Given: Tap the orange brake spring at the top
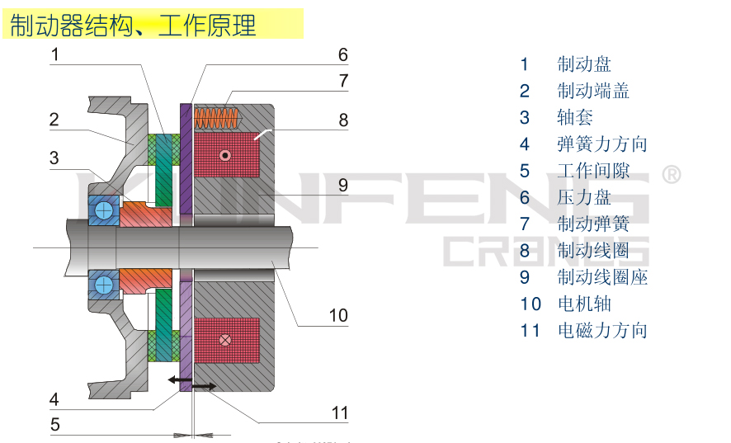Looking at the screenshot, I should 219,118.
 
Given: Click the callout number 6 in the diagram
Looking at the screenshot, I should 343,55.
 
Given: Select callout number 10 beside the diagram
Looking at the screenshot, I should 338,315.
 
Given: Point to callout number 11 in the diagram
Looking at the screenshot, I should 340,413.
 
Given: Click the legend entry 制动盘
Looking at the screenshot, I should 584,64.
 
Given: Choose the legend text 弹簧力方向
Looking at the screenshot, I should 602,144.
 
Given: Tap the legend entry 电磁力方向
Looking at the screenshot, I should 602,331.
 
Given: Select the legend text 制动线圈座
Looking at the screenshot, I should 602,277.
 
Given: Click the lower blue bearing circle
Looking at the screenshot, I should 104,285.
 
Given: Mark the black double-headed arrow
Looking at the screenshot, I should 191,382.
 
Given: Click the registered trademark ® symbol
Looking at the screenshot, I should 672,175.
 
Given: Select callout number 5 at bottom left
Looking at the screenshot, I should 54,426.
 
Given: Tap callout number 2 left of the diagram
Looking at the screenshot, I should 54,120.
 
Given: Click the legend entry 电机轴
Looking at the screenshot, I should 584,304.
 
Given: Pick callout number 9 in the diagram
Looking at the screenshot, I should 343,185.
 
